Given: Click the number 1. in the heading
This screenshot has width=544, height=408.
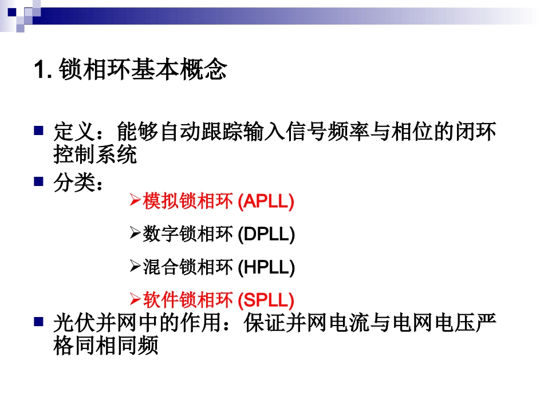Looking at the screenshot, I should click(44, 70).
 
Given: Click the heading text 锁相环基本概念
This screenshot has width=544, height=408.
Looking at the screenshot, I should click(143, 70).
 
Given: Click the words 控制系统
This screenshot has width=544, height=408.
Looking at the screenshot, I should click(96, 155).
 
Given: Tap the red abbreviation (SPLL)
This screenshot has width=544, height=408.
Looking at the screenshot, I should click(266, 300).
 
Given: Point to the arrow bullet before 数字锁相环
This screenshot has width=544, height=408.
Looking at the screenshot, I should click(135, 233).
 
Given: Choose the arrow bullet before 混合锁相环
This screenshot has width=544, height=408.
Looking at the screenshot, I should click(135, 267).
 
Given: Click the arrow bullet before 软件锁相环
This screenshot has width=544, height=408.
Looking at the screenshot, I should click(135, 299).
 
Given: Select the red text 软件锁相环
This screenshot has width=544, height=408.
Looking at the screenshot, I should click(188, 300).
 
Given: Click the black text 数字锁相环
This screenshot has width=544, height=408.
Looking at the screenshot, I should click(188, 234).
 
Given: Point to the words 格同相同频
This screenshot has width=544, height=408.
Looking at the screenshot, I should click(106, 347).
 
